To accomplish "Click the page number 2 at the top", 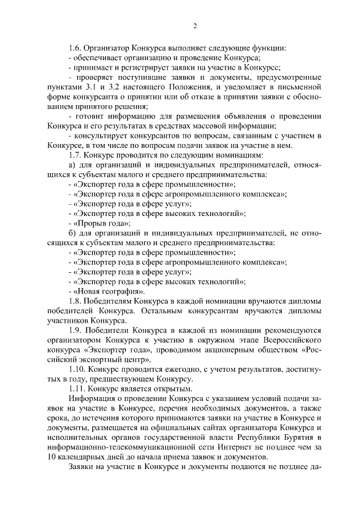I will [195, 26].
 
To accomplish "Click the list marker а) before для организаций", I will [71, 165].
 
